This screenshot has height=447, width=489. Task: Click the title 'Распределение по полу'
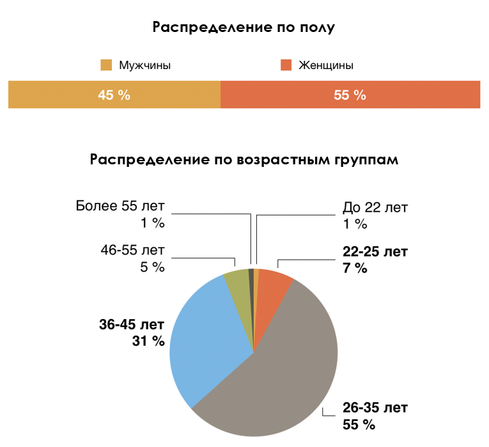coord(244,27)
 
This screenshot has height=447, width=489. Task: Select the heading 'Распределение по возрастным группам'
coord(245,159)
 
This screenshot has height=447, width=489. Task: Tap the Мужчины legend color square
coord(106,65)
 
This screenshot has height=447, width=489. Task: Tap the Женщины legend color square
coord(286,65)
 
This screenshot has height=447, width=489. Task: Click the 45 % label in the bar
coord(114,95)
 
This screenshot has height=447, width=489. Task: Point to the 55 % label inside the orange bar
coord(350,95)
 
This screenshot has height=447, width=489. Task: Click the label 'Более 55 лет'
coord(120,207)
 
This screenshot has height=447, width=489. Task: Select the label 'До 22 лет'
coord(375,207)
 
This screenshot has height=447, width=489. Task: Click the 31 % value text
coord(149,341)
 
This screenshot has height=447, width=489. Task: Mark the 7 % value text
coord(355,268)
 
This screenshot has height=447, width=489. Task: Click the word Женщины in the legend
coord(326,65)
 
